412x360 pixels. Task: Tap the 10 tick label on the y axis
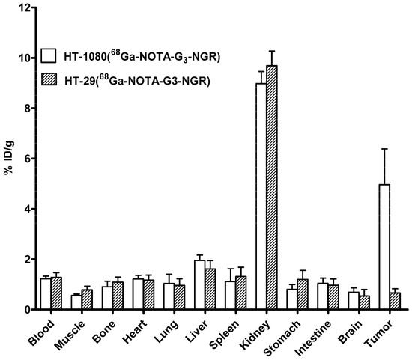(x=25, y=58)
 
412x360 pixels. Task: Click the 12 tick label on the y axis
(x=25, y=8)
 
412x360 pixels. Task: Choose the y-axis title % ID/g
(x=9, y=159)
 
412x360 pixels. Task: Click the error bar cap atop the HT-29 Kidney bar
(x=272, y=51)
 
